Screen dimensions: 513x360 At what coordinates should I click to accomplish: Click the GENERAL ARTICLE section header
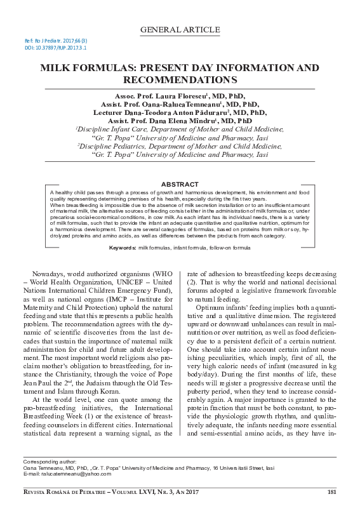180,29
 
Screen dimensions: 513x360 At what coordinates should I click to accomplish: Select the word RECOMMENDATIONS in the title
180,80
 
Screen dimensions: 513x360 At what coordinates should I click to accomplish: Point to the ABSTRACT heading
179,183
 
